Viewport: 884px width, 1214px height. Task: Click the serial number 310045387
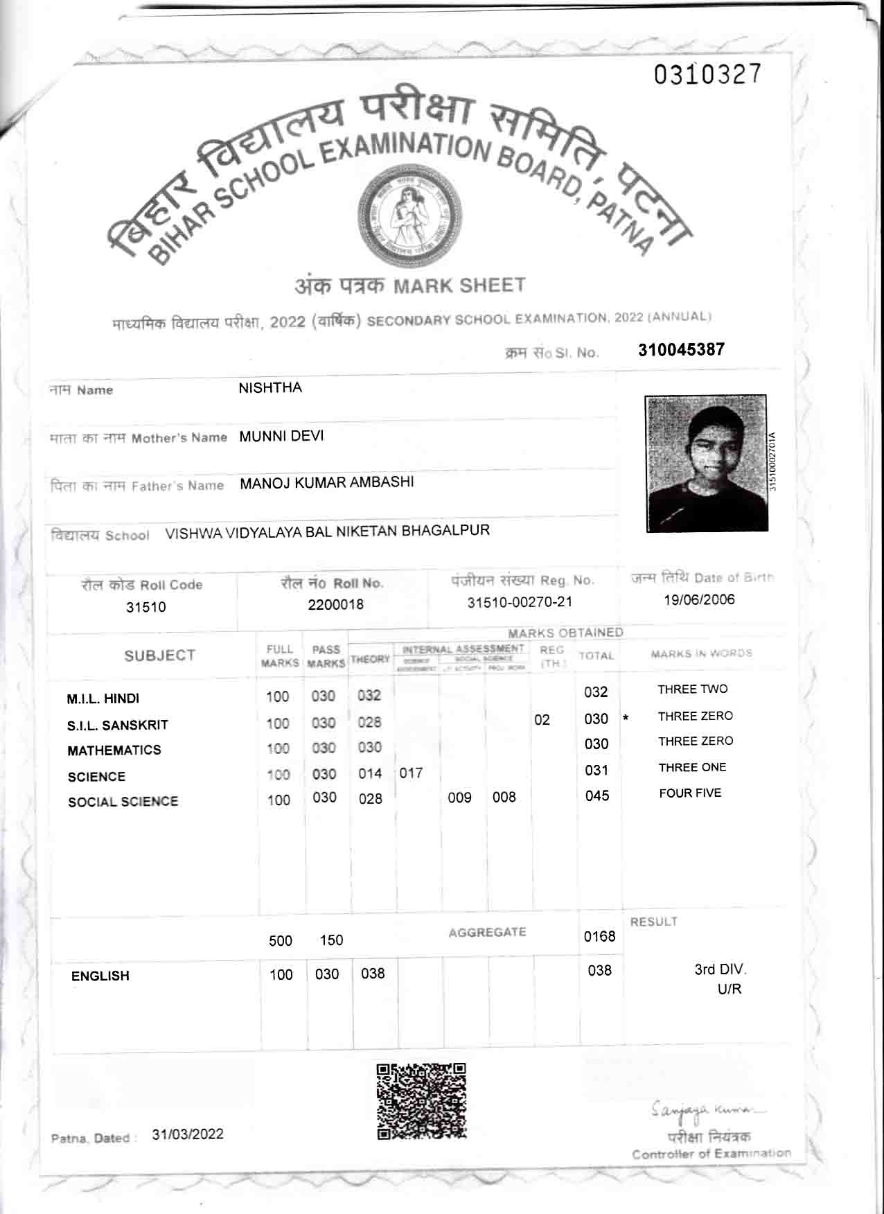pyautogui.click(x=681, y=349)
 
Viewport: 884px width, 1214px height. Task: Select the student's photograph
pyautogui.click(x=706, y=463)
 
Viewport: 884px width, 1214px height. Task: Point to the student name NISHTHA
pyautogui.click(x=270, y=388)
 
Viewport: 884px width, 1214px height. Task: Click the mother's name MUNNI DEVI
pyautogui.click(x=281, y=437)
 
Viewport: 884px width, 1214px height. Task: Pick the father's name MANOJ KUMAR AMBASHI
pyautogui.click(x=326, y=483)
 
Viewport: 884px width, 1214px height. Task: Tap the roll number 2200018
pyautogui.click(x=335, y=604)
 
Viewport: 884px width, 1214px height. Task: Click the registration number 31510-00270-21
pyautogui.click(x=520, y=602)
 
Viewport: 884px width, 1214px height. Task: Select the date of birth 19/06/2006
pyautogui.click(x=699, y=600)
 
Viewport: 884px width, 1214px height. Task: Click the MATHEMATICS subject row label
pyautogui.click(x=114, y=750)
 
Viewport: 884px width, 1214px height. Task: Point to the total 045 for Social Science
pyautogui.click(x=596, y=795)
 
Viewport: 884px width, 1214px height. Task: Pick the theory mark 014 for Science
pyautogui.click(x=370, y=773)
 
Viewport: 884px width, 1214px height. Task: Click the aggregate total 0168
pyautogui.click(x=599, y=937)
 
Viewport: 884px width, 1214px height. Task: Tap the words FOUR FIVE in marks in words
pyautogui.click(x=690, y=793)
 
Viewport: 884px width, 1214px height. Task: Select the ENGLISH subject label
pyautogui.click(x=100, y=976)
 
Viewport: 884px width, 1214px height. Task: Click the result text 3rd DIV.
pyautogui.click(x=720, y=969)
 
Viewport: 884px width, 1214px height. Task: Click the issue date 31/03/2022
pyautogui.click(x=188, y=1134)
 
